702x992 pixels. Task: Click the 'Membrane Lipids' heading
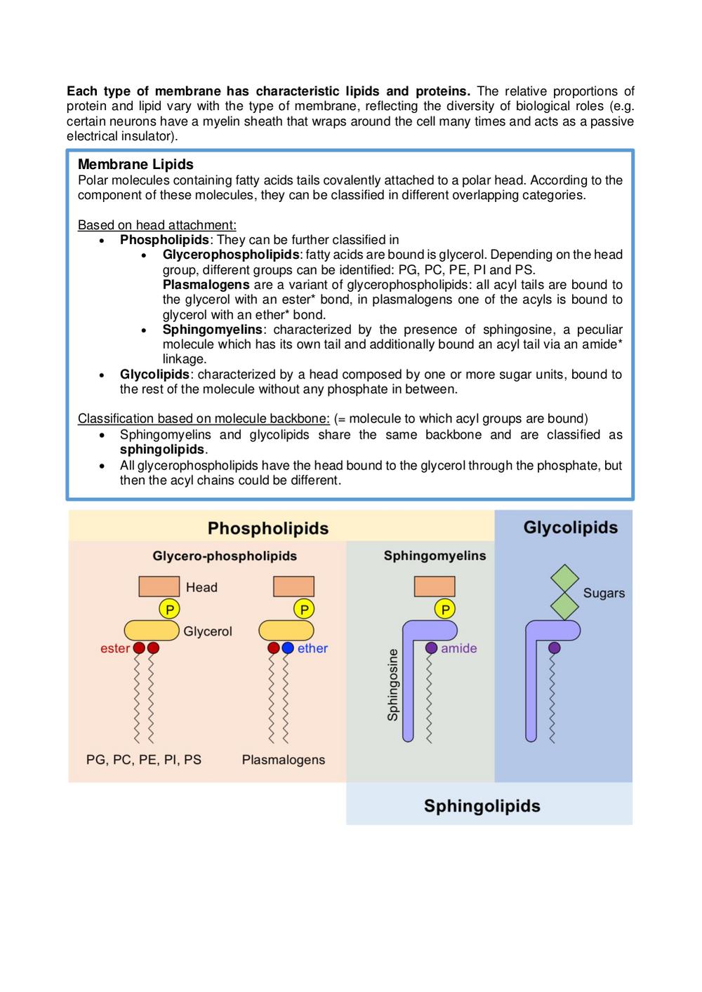[x=135, y=164]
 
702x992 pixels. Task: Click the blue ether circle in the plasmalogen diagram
[x=288, y=648]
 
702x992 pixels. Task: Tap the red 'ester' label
[x=115, y=648]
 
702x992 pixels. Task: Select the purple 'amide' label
[x=458, y=648]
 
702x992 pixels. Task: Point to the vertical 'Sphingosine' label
[x=392, y=685]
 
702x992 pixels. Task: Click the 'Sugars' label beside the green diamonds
[x=604, y=593]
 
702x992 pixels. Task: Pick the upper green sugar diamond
[x=564, y=578]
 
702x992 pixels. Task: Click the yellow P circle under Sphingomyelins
[x=445, y=610]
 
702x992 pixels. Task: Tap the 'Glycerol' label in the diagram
[x=207, y=631]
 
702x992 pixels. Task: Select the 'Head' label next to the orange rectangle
[x=201, y=587]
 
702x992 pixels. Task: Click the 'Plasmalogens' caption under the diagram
[x=283, y=760]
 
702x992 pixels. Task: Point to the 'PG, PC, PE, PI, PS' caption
[x=144, y=760]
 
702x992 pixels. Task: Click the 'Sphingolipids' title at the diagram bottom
[x=482, y=805]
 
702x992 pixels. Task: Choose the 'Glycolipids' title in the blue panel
[x=570, y=528]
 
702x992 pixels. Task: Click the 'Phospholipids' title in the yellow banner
[x=268, y=528]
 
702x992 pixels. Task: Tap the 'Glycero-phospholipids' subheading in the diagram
[x=225, y=556]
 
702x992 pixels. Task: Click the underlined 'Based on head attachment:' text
[x=157, y=225]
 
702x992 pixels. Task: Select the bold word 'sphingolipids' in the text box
[x=161, y=450]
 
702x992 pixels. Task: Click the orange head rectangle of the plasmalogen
[x=294, y=587]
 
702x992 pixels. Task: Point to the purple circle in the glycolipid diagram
[x=554, y=648]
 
